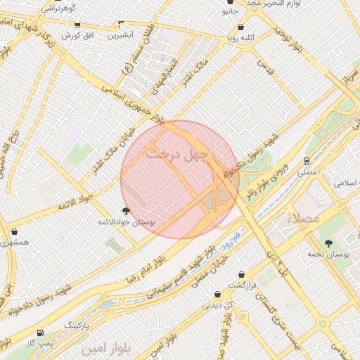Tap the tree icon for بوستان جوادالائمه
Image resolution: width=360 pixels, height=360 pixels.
pos(126,210)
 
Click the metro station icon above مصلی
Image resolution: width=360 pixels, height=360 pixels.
pos(307,161)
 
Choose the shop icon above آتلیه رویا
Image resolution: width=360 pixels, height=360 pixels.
pos(241,27)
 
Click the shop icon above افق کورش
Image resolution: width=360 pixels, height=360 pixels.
pos(77,25)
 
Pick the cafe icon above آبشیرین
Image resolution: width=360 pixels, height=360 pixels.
pos(121,24)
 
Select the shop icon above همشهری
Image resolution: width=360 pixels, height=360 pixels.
pos(14,231)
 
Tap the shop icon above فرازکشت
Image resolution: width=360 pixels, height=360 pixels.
pos(242,274)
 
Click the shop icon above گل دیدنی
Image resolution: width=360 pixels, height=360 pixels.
pos(217,294)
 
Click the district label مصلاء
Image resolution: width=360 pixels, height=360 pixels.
pos(304,219)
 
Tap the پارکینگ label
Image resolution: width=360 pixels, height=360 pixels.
pos(77,326)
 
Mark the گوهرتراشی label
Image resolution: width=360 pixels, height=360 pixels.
pos(58,8)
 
